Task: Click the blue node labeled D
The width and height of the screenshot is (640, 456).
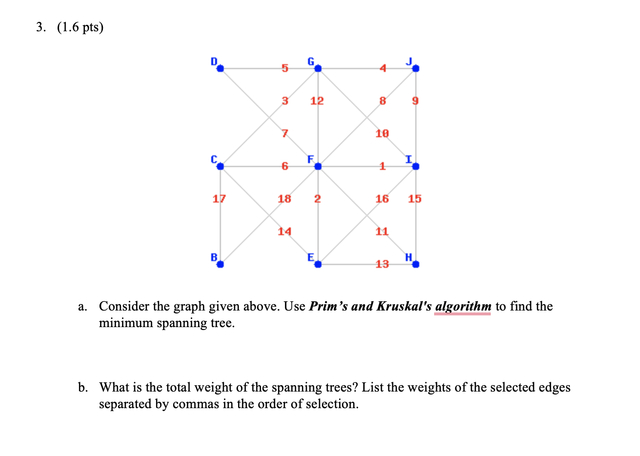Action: (220, 69)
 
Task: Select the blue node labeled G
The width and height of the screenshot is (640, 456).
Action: (318, 69)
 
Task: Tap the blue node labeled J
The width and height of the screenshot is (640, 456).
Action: (416, 69)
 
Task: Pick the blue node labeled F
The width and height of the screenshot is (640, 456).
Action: (318, 166)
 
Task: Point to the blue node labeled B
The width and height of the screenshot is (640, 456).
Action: (220, 264)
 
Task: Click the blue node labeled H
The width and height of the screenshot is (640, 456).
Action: (416, 264)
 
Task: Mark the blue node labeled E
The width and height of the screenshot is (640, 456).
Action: (318, 264)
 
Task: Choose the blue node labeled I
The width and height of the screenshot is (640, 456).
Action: (416, 166)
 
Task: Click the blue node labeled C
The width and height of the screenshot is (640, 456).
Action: (220, 166)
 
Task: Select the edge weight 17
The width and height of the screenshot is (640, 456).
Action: (220, 199)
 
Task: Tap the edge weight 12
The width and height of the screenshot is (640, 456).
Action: (317, 101)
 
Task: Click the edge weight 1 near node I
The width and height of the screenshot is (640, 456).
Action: (382, 166)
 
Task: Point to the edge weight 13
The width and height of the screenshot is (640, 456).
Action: (382, 264)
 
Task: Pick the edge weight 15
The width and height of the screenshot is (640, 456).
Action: (415, 199)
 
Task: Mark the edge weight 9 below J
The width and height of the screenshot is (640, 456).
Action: (415, 101)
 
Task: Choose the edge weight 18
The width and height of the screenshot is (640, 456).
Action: (284, 199)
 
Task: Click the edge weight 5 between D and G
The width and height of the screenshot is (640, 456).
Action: (285, 69)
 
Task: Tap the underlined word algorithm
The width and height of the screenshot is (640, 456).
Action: (463, 307)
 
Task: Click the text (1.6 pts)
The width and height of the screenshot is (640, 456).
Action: (80, 27)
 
